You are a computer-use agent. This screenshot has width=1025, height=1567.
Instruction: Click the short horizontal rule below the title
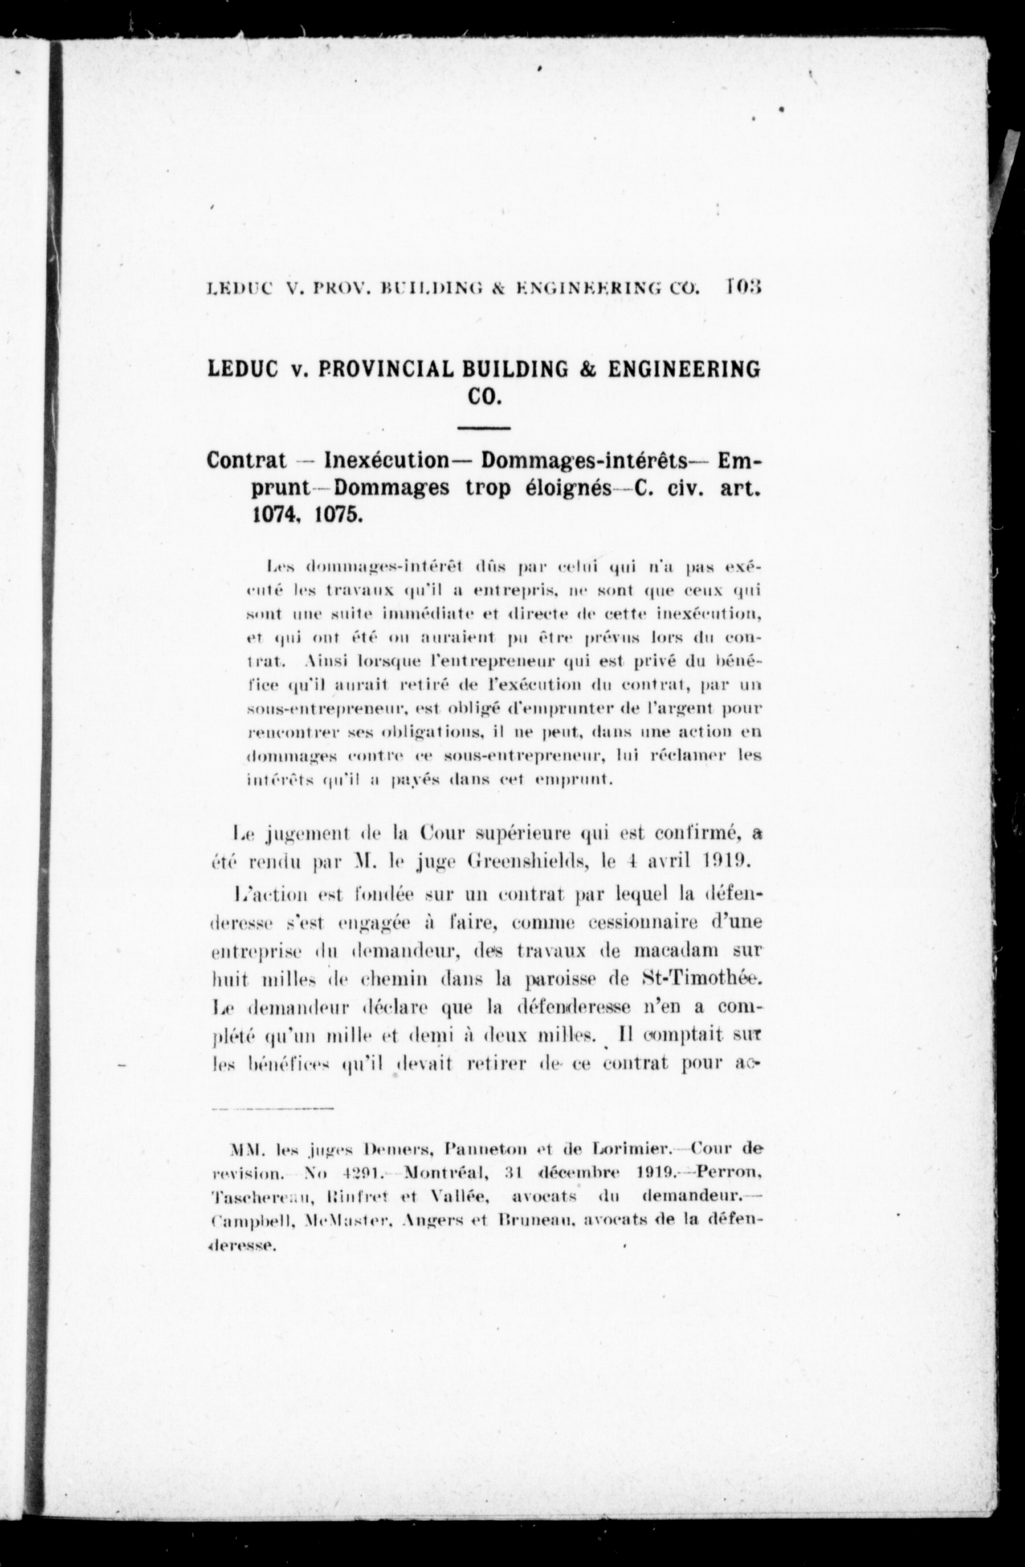[484, 429]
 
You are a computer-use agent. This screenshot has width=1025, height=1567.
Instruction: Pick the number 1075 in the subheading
[338, 515]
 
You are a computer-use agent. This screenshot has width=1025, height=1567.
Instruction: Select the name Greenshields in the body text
[536, 861]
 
